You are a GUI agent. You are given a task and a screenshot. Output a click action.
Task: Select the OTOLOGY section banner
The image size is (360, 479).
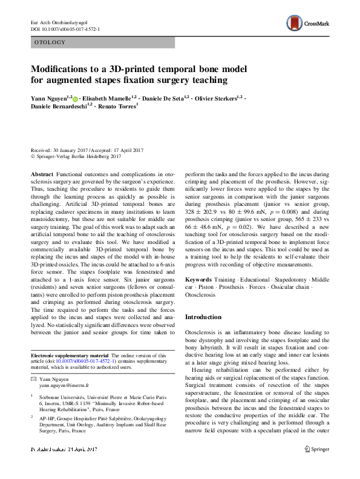click(102, 42)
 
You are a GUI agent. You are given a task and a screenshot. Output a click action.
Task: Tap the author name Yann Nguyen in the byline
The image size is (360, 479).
click(51, 97)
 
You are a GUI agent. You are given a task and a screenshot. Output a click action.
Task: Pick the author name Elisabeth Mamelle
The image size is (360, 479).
click(113, 97)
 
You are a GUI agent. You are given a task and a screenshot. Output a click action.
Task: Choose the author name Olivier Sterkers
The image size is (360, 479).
click(216, 97)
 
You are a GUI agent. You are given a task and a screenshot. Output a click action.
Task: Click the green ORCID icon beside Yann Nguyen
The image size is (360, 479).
click(77, 97)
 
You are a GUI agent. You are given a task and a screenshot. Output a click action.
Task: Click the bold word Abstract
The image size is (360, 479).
click(42, 174)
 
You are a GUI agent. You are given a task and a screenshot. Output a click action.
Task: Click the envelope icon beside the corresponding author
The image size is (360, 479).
click(33, 378)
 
